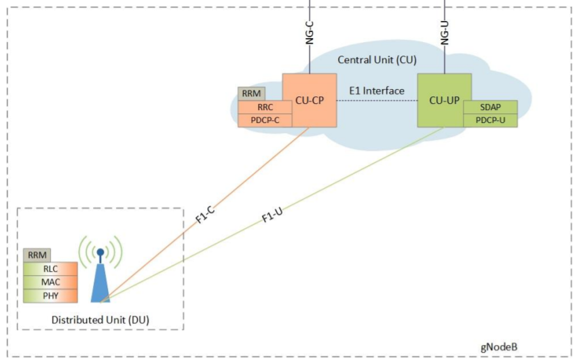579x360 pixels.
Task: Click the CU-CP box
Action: point(310,100)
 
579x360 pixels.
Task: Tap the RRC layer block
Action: point(265,107)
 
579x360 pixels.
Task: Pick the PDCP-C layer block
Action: point(265,120)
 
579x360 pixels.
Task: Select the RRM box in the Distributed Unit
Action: point(37,255)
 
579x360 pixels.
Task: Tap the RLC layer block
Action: point(50,268)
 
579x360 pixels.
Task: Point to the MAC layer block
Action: point(50,282)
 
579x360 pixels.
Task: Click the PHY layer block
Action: point(50,295)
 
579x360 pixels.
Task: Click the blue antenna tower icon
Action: point(100,275)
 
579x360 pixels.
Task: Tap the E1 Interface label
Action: point(377,91)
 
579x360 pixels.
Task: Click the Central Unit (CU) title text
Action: point(377,60)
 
